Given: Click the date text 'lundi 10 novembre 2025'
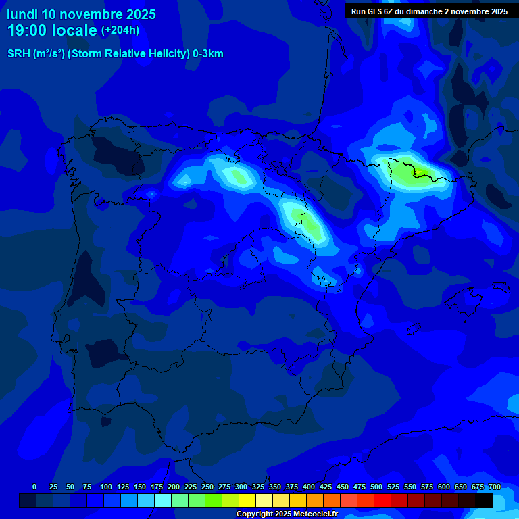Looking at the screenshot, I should [81, 14].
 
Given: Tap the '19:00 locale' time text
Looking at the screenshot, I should [53, 30].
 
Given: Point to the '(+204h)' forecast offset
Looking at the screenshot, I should [120, 30].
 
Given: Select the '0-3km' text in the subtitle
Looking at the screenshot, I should [207, 54].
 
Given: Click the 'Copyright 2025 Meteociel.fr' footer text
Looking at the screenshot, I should [287, 514].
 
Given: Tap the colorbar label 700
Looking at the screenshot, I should [494, 487].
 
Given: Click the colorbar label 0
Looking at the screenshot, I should [34, 487].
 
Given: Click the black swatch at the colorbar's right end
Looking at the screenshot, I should [484, 501].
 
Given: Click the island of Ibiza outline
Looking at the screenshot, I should [412, 328].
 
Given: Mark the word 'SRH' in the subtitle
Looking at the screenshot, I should [18, 54].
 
